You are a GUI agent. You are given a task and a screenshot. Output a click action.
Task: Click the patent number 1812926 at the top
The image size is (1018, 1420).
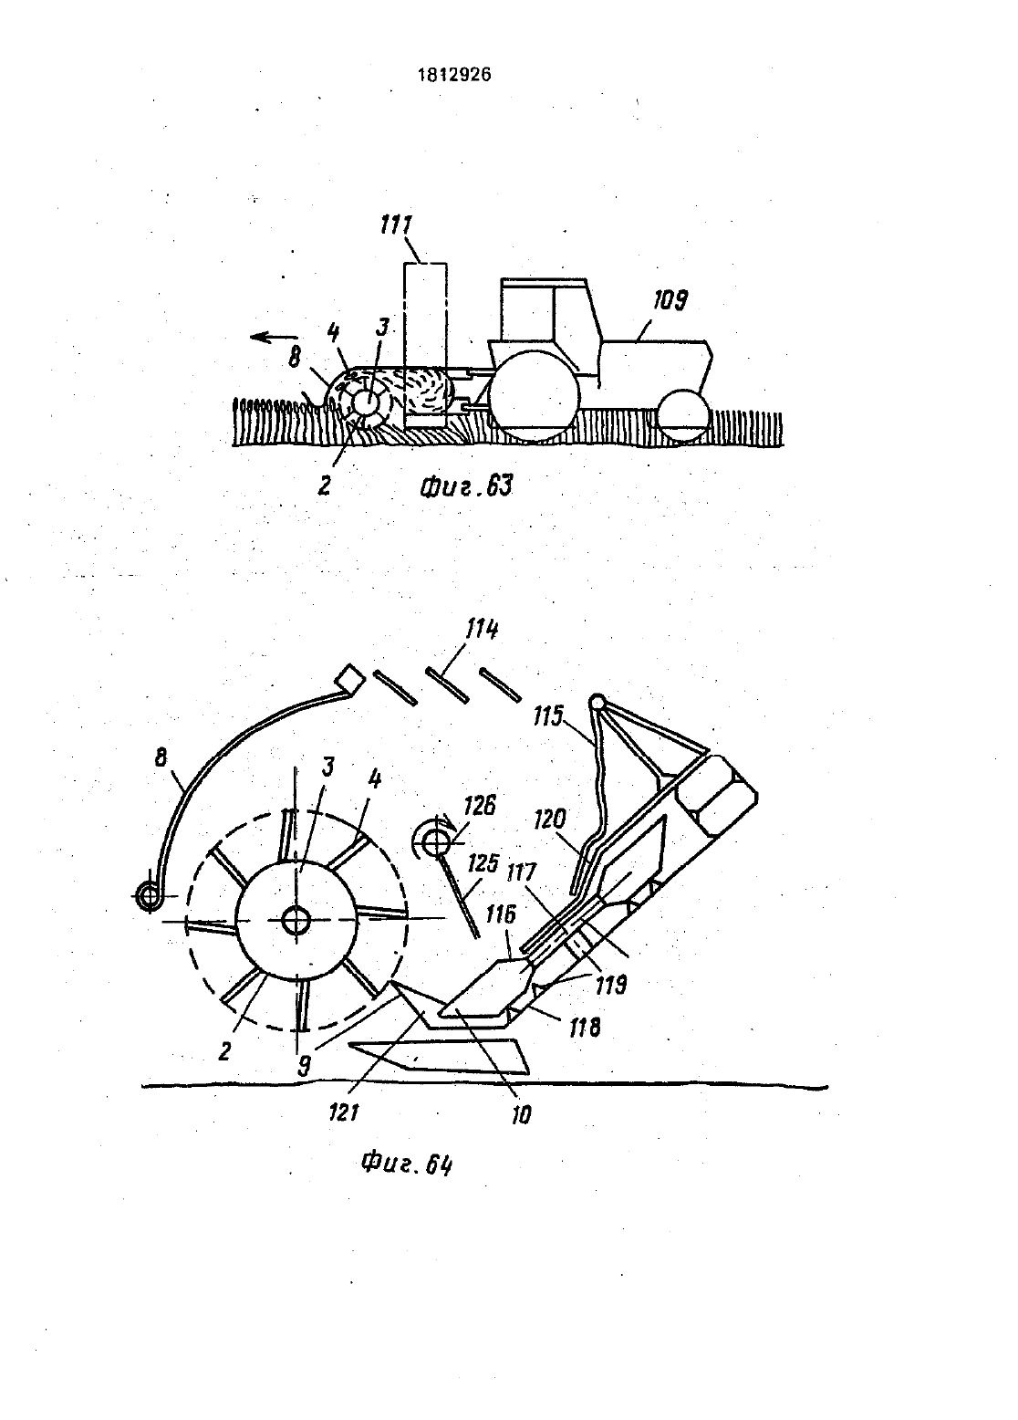pyautogui.click(x=454, y=75)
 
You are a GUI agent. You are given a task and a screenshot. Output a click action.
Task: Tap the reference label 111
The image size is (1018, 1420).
pyautogui.click(x=396, y=225)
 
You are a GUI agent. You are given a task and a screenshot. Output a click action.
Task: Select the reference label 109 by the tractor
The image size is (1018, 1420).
pyautogui.click(x=670, y=300)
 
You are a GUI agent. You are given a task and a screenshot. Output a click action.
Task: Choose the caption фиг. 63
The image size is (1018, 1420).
pyautogui.click(x=466, y=486)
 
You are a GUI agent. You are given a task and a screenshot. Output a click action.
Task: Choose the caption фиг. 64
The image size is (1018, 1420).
pyautogui.click(x=407, y=1164)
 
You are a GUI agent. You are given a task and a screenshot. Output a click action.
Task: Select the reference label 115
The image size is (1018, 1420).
pyautogui.click(x=548, y=716)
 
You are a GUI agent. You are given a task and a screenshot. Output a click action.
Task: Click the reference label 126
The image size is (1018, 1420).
pyautogui.click(x=480, y=807)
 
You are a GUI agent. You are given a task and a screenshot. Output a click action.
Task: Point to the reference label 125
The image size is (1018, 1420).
pyautogui.click(x=483, y=863)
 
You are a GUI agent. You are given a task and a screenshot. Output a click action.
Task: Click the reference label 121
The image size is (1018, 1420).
pyautogui.click(x=344, y=1112)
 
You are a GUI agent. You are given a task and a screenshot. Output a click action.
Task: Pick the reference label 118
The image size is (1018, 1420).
pyautogui.click(x=584, y=1027)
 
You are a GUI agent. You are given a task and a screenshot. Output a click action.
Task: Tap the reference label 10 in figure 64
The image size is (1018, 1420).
pyautogui.click(x=521, y=1115)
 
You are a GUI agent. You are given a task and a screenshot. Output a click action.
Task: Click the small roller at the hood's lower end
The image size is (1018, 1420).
pyautogui.click(x=152, y=896)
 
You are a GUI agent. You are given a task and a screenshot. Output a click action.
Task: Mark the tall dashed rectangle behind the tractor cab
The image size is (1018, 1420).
pyautogui.click(x=425, y=345)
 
